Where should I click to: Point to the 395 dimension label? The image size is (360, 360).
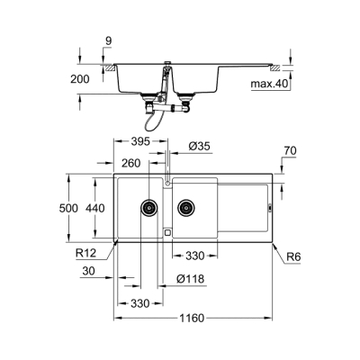(x=138, y=141)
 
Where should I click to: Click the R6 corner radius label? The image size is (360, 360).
(x=293, y=256)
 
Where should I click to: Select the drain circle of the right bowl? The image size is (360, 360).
(x=185, y=208)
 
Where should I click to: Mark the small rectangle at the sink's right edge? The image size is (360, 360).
(x=272, y=209)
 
